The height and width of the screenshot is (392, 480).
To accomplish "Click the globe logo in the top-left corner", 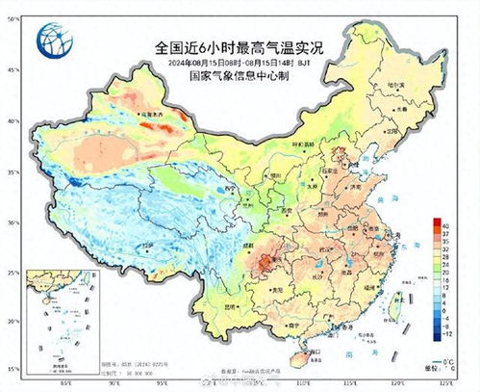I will tap(52, 39).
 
